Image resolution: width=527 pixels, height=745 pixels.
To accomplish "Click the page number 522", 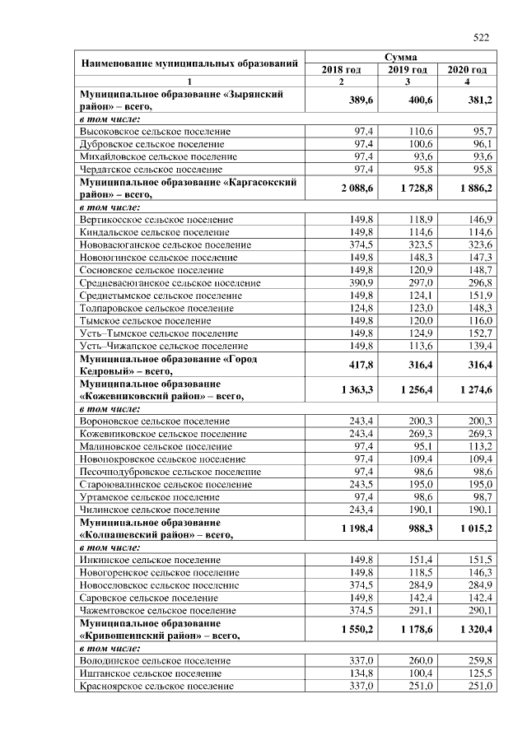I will click(x=481, y=36).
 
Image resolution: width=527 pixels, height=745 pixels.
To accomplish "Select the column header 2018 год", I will click(x=341, y=70).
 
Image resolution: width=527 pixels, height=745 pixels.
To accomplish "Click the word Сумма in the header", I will click(x=402, y=58).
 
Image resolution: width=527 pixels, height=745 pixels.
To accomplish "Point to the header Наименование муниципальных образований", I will click(x=189, y=63).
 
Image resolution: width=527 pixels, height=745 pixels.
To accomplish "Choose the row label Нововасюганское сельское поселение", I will click(x=165, y=245).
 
